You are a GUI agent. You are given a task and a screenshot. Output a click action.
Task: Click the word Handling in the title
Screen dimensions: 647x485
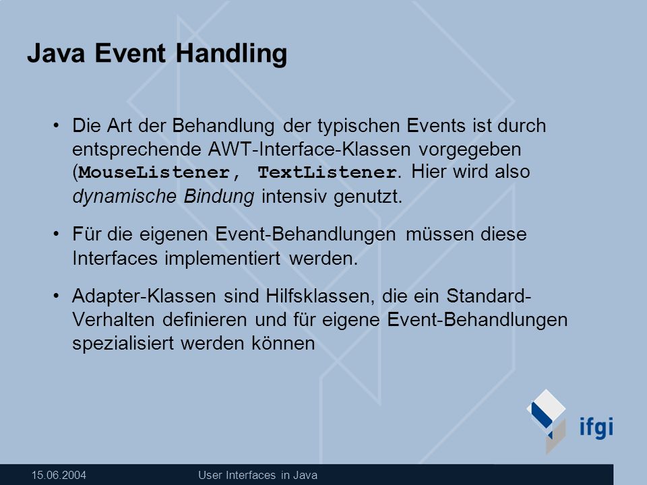(x=231, y=55)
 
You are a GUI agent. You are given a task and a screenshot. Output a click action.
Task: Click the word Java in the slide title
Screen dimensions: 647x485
(x=56, y=53)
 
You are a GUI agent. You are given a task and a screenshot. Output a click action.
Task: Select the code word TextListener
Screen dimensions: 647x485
(x=328, y=172)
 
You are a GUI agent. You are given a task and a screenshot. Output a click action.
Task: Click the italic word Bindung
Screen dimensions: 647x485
(x=218, y=196)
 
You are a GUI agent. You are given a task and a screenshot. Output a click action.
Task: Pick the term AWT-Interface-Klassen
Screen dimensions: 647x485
(x=309, y=149)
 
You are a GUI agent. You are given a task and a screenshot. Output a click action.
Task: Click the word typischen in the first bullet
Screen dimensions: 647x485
(x=358, y=127)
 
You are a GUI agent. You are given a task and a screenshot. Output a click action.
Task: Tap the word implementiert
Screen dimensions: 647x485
(x=222, y=259)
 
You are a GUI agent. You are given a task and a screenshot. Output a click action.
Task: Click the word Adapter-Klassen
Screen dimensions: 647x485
(x=144, y=296)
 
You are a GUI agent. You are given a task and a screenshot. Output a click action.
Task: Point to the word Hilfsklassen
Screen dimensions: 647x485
(x=320, y=296)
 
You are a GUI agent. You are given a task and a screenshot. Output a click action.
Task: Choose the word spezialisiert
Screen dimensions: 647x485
(x=123, y=343)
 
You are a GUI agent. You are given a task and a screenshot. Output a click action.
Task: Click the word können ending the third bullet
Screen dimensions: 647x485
(x=283, y=343)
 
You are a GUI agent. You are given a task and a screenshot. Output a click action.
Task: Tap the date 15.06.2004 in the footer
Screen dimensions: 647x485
(x=59, y=475)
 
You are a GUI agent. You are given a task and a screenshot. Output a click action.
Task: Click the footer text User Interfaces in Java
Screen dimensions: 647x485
(x=258, y=475)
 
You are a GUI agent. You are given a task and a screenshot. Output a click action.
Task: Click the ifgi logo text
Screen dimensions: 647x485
(x=596, y=427)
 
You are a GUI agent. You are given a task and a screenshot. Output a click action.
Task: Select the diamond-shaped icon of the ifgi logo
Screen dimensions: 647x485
(x=547, y=420)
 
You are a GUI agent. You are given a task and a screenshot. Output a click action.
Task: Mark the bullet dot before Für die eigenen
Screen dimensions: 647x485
(x=56, y=234)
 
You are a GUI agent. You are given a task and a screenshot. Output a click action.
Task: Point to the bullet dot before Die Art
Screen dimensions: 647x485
(x=56, y=125)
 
